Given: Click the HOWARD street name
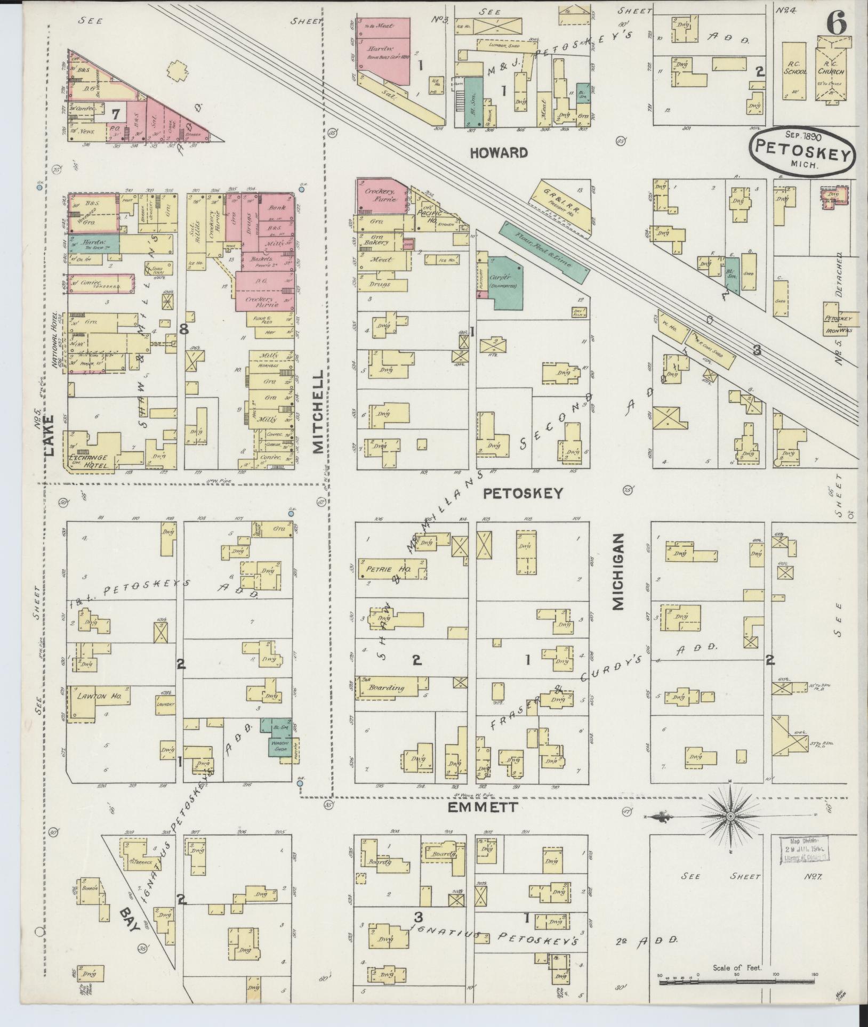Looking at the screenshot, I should [499, 153].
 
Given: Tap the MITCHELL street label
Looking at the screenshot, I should [318, 412].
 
